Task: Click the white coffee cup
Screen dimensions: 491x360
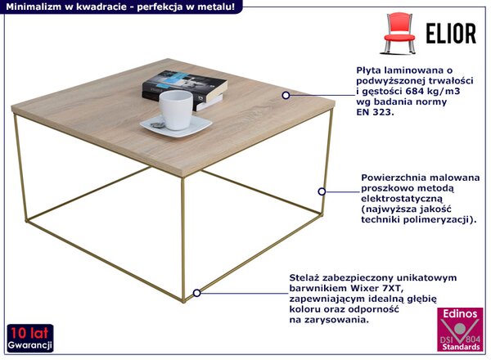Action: (x=175, y=110)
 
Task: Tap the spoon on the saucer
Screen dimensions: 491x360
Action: (x=157, y=124)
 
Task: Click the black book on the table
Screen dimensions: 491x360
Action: (x=185, y=88)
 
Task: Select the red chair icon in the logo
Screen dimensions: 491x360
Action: (x=399, y=33)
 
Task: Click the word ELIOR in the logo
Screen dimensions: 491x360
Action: (x=451, y=34)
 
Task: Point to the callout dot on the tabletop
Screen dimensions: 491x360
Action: (x=286, y=95)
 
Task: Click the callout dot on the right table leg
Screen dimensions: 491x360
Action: (x=322, y=191)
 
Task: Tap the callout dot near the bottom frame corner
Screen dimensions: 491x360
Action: (x=196, y=293)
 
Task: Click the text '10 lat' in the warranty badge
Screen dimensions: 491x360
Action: (x=30, y=333)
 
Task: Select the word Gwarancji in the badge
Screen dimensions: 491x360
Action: (x=30, y=345)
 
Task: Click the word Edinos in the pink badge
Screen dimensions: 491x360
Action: (x=460, y=313)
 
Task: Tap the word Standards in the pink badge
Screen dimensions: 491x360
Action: (x=461, y=347)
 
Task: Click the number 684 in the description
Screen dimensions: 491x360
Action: (x=416, y=91)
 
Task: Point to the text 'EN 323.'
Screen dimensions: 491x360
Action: (x=375, y=112)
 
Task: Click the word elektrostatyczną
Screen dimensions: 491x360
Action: (x=402, y=199)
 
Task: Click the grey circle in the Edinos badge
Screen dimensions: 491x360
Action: (x=460, y=328)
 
